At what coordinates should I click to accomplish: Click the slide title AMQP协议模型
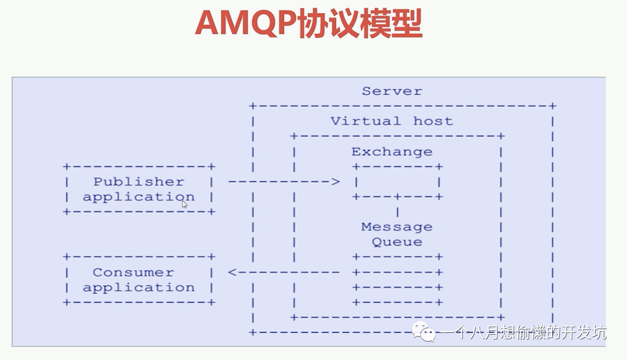[309, 24]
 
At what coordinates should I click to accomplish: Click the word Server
[392, 91]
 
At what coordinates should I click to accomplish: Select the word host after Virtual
[433, 121]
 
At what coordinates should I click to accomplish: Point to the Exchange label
[392, 152]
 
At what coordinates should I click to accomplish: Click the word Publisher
[139, 182]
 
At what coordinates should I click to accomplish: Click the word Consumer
[133, 272]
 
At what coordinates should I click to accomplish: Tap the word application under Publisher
[139, 196]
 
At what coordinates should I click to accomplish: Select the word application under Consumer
[139, 288]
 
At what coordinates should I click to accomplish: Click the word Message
[397, 227]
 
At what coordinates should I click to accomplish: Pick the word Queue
[397, 242]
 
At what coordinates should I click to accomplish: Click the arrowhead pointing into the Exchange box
[336, 182]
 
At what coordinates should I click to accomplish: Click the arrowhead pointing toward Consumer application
[232, 272]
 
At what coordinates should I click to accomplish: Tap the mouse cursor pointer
[184, 204]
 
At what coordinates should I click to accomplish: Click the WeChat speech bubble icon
[423, 331]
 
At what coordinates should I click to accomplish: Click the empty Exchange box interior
[397, 182]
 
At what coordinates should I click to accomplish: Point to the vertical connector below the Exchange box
[397, 212]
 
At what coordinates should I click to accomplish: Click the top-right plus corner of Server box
[553, 106]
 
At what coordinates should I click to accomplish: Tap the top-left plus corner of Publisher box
[66, 166]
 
